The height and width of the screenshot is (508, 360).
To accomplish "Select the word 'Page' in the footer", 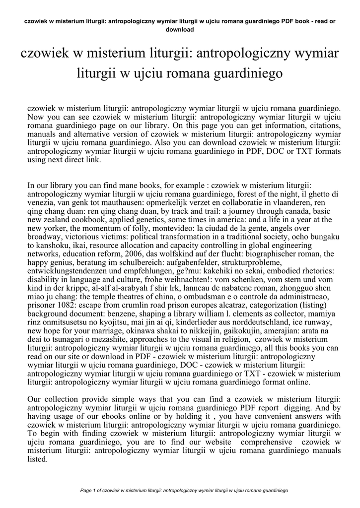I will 86,490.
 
